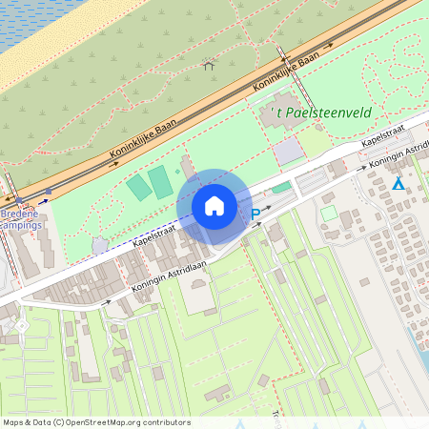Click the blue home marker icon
click(214, 205)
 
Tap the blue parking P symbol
click(255, 216)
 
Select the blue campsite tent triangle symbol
click(398, 184)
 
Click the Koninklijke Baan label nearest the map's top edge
click(286, 73)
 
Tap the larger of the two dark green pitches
click(160, 181)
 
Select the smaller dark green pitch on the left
click(139, 188)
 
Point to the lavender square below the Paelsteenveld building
click(286, 151)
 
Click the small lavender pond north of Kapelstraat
click(100, 245)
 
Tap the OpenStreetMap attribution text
click(96, 422)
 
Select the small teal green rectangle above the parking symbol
click(281, 188)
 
